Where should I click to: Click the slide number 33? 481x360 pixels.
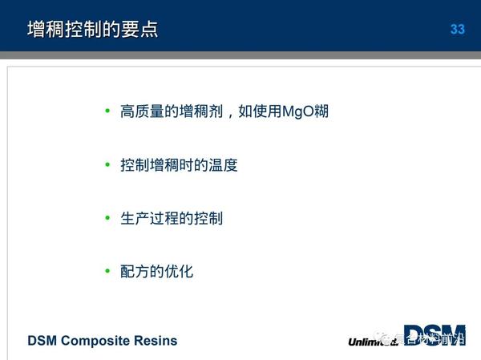(457, 30)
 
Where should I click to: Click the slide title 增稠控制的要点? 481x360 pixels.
(92, 30)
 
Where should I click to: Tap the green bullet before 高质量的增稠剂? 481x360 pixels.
(107, 111)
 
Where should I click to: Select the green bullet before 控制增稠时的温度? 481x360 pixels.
(107, 164)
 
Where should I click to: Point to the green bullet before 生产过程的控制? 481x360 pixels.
(107, 217)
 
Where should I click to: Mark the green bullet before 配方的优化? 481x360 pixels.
(107, 271)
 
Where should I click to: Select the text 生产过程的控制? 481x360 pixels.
(171, 218)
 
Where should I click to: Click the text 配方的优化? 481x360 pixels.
(156, 272)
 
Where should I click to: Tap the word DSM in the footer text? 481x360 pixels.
(42, 341)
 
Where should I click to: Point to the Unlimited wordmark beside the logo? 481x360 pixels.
(372, 341)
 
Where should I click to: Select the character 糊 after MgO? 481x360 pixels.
(321, 111)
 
